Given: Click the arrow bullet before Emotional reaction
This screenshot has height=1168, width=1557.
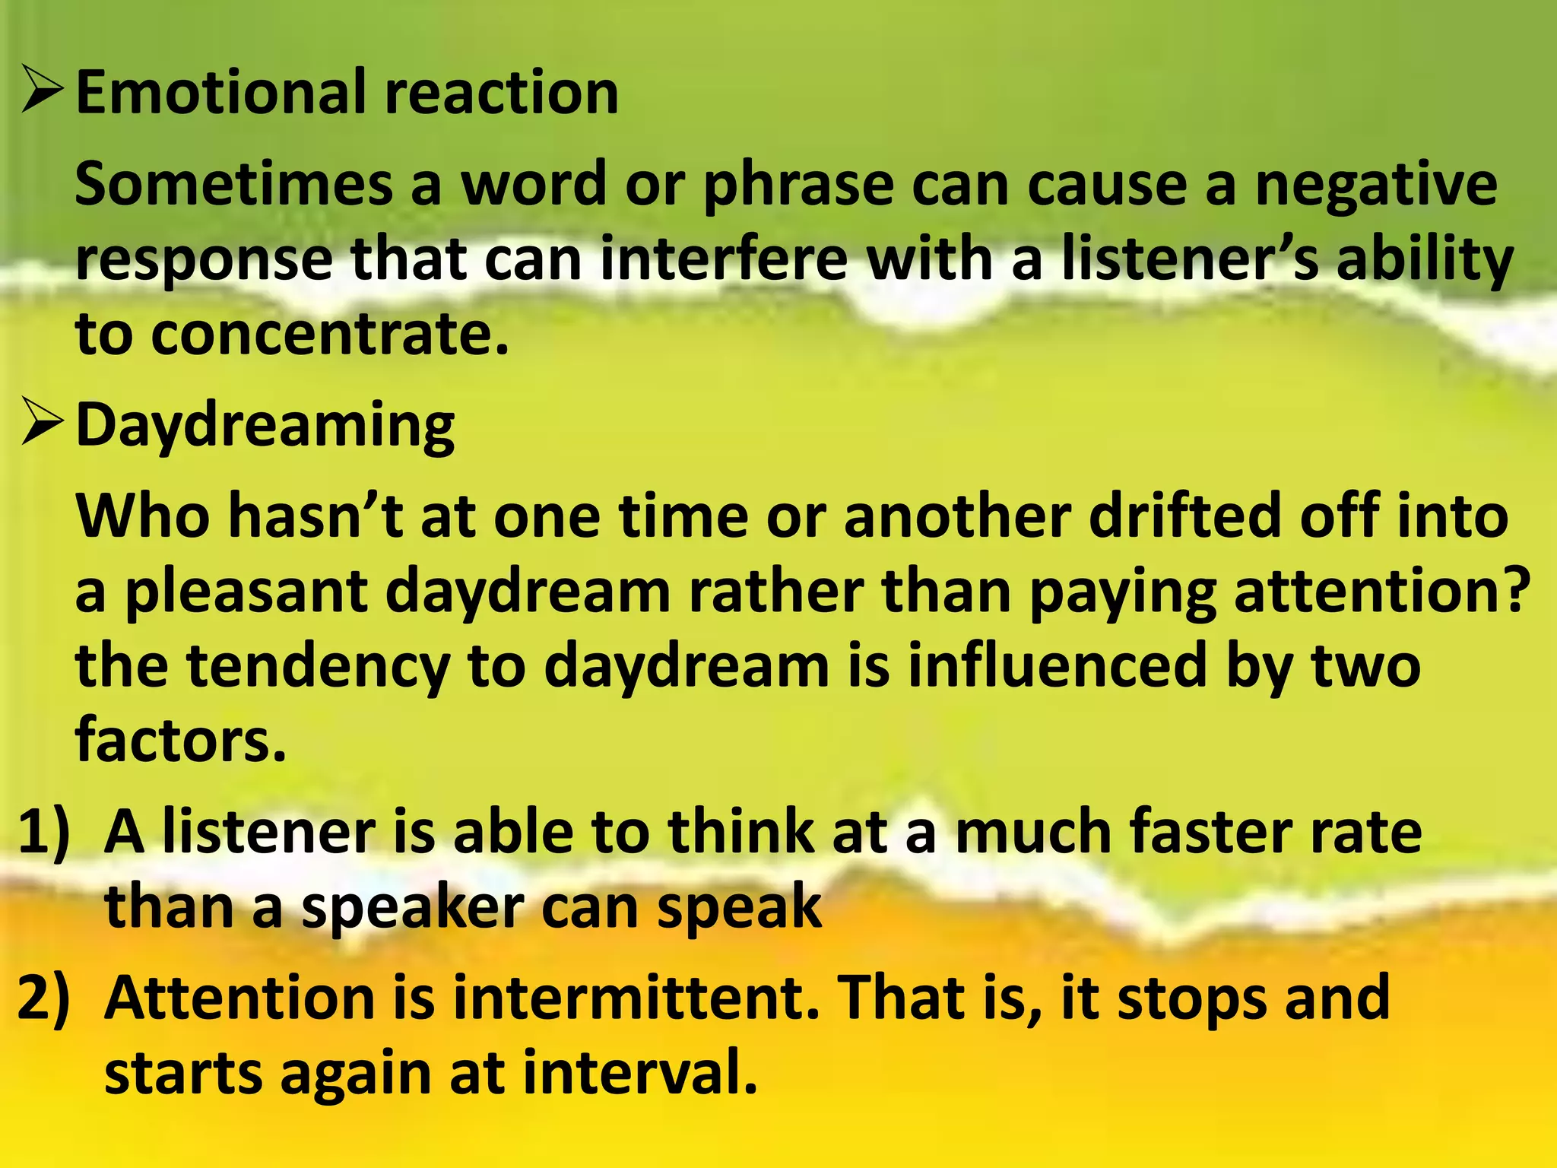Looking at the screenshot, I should (43, 91).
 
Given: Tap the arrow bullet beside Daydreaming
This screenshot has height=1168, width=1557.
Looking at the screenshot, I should (43, 424).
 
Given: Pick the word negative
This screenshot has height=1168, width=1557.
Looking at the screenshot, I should (1375, 186).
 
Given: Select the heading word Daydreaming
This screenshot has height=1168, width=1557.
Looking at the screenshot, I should (265, 426).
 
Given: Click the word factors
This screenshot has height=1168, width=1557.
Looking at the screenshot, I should (180, 740).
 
